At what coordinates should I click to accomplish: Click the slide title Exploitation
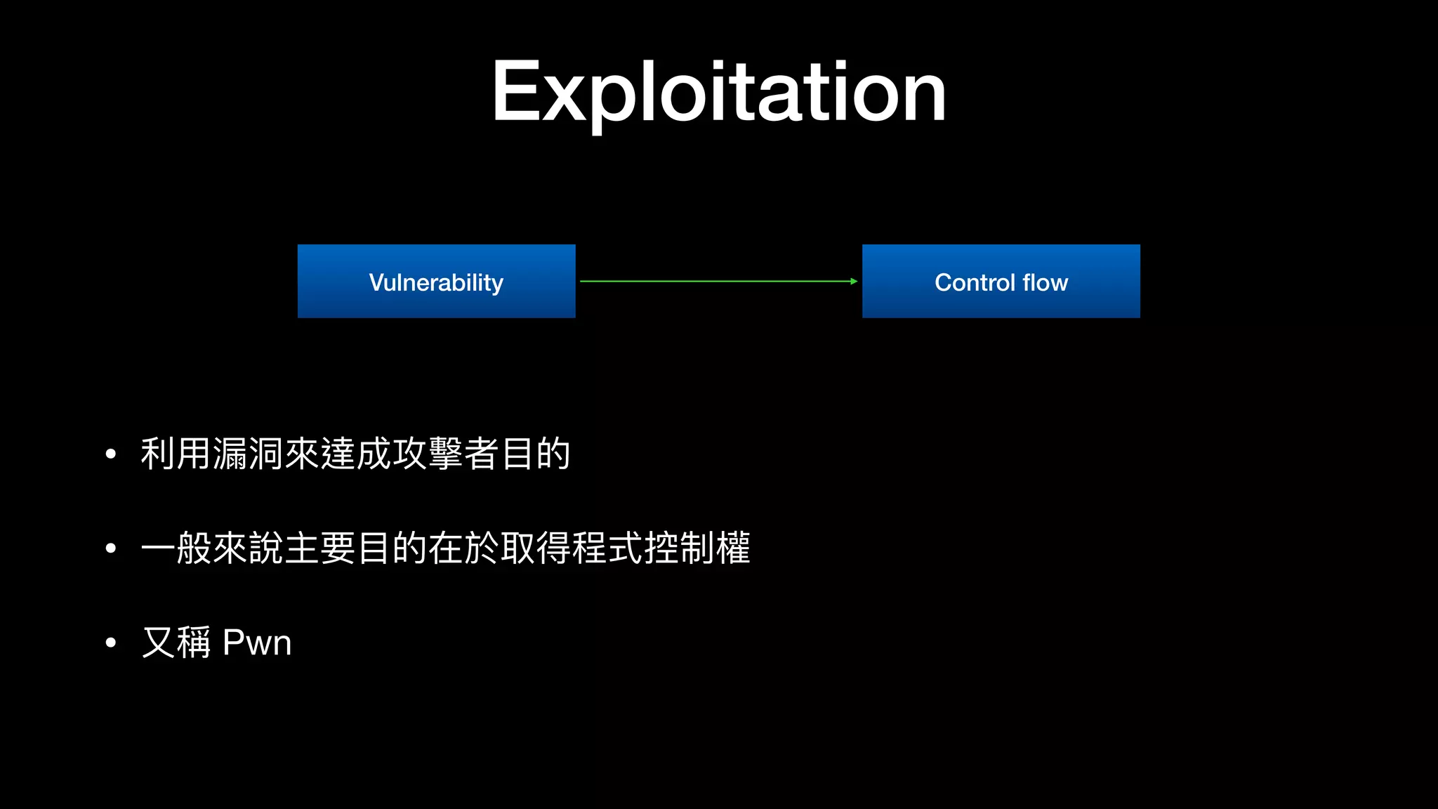pos(718,92)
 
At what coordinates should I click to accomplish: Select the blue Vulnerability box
pos(436,282)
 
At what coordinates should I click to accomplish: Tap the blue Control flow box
pos(1001,282)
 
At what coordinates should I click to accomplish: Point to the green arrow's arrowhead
pos(854,282)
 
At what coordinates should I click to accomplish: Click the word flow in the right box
pos(1045,282)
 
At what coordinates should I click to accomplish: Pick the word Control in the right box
pos(975,282)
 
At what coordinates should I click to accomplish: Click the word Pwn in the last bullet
pos(257,643)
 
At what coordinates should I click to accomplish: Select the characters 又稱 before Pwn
pos(176,643)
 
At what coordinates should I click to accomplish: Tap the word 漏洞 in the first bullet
pos(249,454)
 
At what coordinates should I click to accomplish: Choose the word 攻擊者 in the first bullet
pos(446,454)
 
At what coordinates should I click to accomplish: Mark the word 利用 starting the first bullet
pos(176,454)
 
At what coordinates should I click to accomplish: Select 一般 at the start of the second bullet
pos(176,548)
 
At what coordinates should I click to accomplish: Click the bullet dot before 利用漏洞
pos(110,454)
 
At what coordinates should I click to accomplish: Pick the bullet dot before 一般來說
pos(110,548)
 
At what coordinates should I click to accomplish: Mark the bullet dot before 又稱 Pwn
pos(110,643)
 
